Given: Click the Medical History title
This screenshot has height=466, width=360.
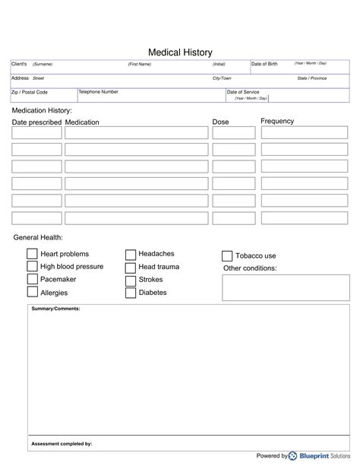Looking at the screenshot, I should pos(180,52).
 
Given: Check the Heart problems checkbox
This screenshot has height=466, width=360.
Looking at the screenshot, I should pos(33,254).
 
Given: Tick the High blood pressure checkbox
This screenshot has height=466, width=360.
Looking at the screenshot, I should pos(33,267).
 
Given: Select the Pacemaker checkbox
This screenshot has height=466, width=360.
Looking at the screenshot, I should pos(33,279).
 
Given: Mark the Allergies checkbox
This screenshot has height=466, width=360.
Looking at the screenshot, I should pos(33,292).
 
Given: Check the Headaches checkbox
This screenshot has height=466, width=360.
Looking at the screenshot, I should pos(131,255).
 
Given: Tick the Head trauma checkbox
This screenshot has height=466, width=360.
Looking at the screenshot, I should pos(131,268).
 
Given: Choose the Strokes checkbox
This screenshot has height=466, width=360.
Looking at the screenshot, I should pos(131,280).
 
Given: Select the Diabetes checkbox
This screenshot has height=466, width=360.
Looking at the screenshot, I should pos(131,293).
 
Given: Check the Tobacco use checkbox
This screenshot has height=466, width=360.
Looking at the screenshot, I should pos(227,256).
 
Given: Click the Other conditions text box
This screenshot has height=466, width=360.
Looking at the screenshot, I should pos(286,288).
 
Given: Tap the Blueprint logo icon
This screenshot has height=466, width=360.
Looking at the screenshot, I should pos(293,455).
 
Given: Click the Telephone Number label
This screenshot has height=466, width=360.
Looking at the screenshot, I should pos(99,91).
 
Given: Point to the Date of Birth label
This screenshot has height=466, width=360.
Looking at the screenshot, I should pos(265,64).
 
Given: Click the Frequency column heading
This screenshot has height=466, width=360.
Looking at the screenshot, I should pos(277,122).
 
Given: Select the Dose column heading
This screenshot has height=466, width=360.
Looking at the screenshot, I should pos(220,122).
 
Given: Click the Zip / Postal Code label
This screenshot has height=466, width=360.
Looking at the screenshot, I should pos(30,92).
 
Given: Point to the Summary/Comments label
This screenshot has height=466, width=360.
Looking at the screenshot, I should pos(55,309).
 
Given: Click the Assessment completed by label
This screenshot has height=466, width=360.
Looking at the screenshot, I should pos(62,442).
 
